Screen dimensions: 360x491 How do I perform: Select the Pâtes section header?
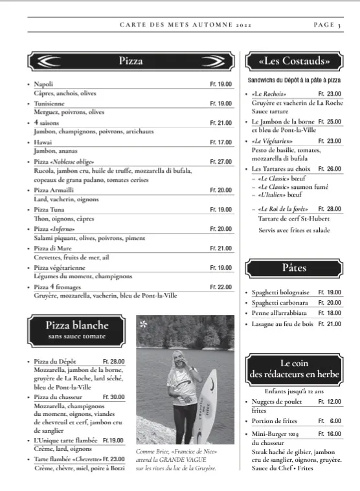click(x=294, y=267)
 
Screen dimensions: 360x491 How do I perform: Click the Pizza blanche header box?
click(x=76, y=329)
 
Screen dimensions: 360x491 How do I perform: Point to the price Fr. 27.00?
click(x=221, y=162)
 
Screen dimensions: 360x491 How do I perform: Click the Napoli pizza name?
click(x=43, y=84)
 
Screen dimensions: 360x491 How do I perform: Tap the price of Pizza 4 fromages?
click(x=221, y=287)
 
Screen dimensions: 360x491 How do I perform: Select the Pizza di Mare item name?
click(x=53, y=248)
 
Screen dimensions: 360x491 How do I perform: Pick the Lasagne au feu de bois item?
click(x=282, y=323)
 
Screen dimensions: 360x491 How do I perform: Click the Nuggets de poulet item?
click(x=277, y=402)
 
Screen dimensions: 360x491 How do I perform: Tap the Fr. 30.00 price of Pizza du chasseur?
click(x=113, y=397)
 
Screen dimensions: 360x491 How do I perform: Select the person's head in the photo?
click(x=177, y=358)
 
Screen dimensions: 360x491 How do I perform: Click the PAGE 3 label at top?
click(x=328, y=25)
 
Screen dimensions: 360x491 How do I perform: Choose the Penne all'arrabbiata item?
click(x=279, y=313)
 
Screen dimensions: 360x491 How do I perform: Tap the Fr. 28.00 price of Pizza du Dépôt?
click(x=113, y=361)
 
